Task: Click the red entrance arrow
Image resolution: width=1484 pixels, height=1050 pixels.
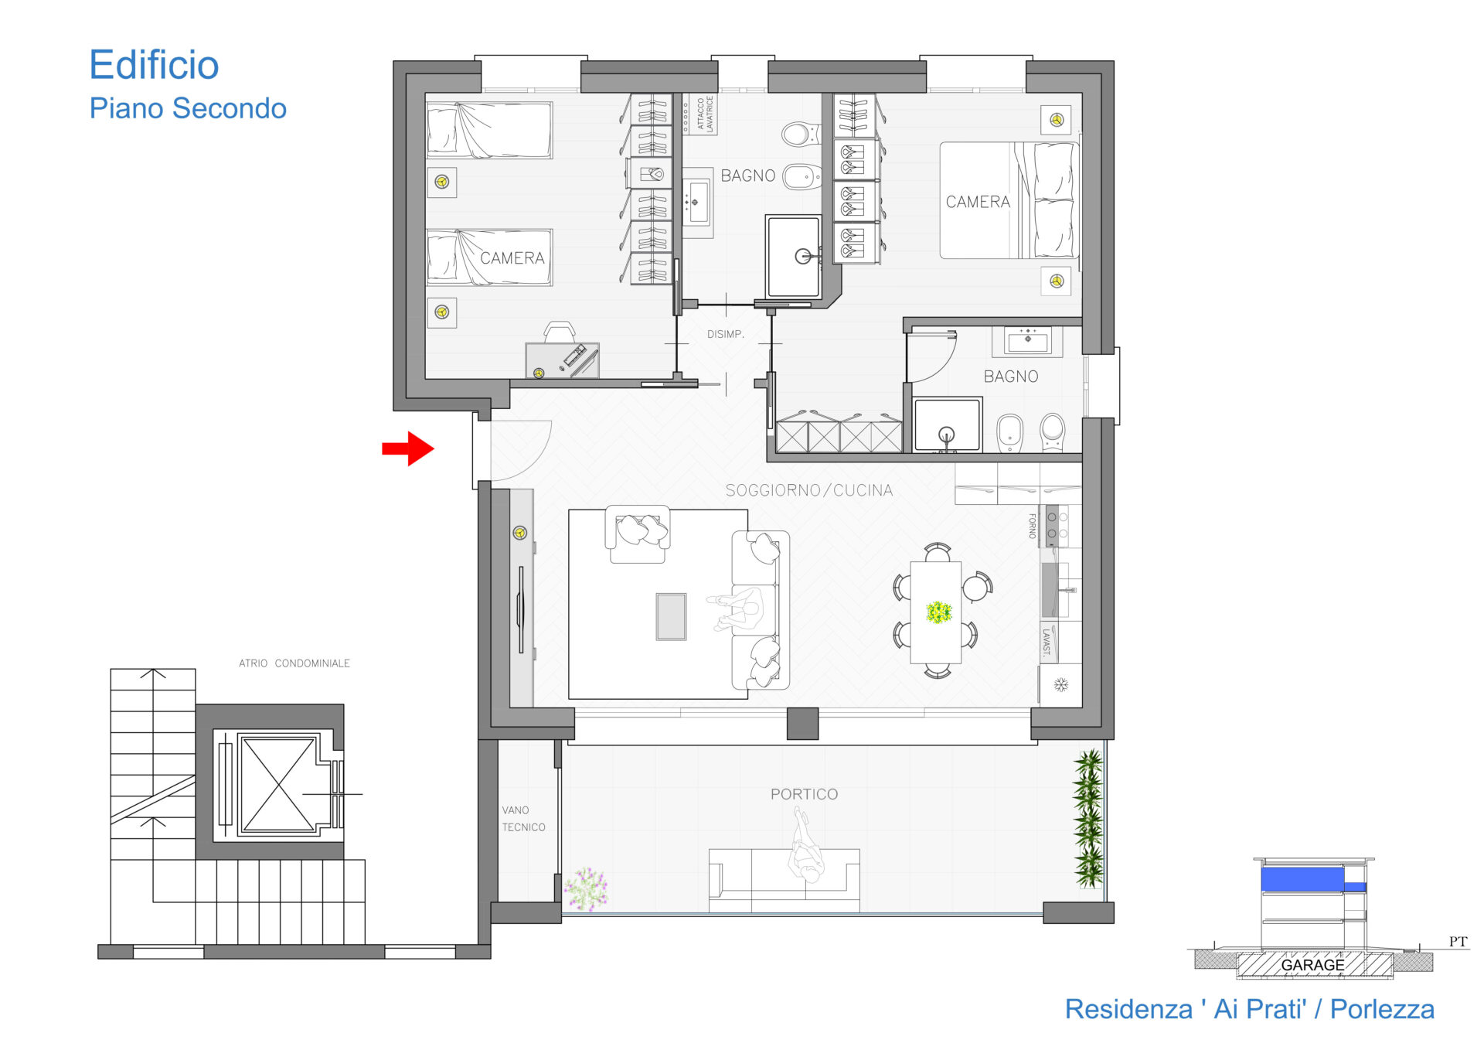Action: point(408,448)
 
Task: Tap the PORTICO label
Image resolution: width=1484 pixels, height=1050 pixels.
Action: point(804,794)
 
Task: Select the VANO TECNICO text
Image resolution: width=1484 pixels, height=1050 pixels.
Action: point(523,819)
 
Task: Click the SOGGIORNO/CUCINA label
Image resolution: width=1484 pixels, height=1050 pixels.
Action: point(808,490)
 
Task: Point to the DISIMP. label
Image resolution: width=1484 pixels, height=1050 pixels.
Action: point(725,334)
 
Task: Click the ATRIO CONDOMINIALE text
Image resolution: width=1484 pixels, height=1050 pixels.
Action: point(294,663)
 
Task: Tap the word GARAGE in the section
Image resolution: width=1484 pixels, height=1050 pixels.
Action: point(1312,965)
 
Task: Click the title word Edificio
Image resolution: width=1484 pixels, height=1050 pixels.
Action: point(154,65)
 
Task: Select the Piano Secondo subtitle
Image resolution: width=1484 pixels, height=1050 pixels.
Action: point(188,108)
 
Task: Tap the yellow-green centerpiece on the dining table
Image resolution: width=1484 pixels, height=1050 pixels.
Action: point(938,612)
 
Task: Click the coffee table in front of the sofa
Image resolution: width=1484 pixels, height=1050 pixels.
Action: point(671,616)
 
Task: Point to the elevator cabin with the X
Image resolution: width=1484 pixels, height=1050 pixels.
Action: point(277,784)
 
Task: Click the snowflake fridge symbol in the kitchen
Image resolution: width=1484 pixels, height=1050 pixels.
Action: point(1061,685)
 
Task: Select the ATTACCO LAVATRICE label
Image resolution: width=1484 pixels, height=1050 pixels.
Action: point(704,114)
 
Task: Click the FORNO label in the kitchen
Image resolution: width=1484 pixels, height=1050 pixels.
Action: point(1032,526)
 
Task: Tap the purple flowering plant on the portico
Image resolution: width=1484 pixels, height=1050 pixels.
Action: point(586,888)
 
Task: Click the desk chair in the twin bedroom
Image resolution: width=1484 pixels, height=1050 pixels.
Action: point(560,332)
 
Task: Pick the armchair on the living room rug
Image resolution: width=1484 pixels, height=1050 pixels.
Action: point(638,534)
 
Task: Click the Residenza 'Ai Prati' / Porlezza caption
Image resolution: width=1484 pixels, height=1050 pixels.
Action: point(1249,1009)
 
